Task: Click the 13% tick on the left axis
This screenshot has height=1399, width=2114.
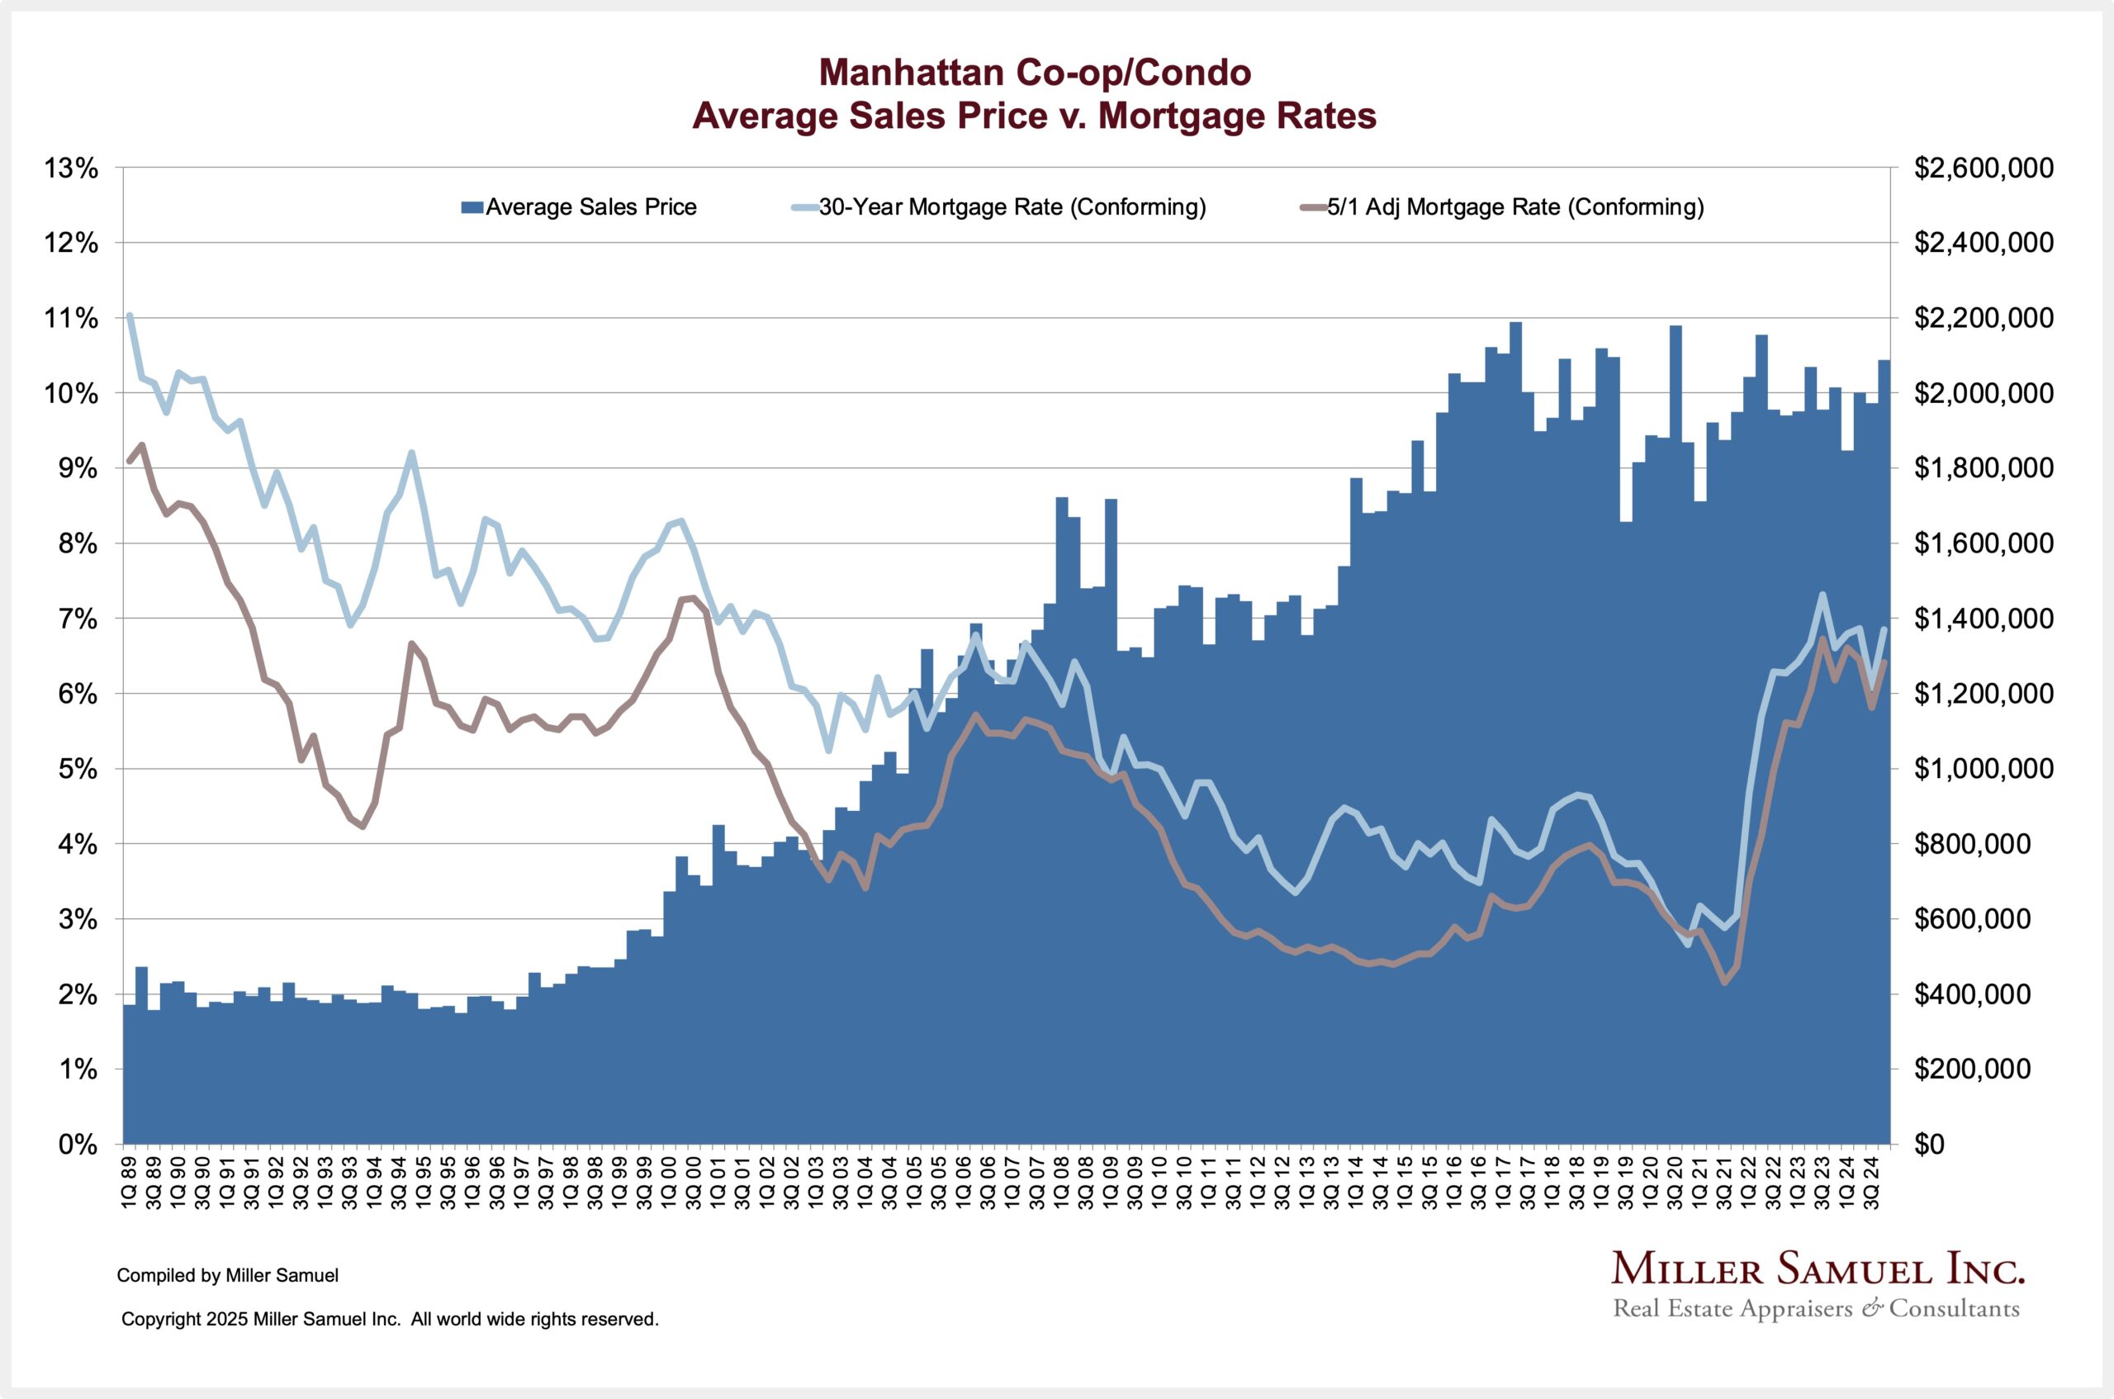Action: click(x=71, y=168)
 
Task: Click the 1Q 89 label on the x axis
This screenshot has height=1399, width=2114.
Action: click(x=130, y=1181)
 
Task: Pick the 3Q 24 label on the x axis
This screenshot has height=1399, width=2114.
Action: click(x=1873, y=1181)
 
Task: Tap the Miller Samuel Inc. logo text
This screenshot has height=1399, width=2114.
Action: click(x=1818, y=1269)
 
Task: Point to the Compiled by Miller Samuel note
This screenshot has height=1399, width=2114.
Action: click(x=227, y=1276)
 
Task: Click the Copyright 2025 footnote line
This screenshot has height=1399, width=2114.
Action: click(x=390, y=1319)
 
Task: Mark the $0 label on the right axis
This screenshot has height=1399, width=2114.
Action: click(x=1930, y=1145)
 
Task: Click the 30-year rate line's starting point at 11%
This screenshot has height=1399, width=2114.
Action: click(x=130, y=315)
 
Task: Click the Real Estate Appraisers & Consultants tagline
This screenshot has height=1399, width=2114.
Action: click(x=1816, y=1309)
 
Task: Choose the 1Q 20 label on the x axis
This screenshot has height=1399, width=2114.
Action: click(x=1650, y=1181)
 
